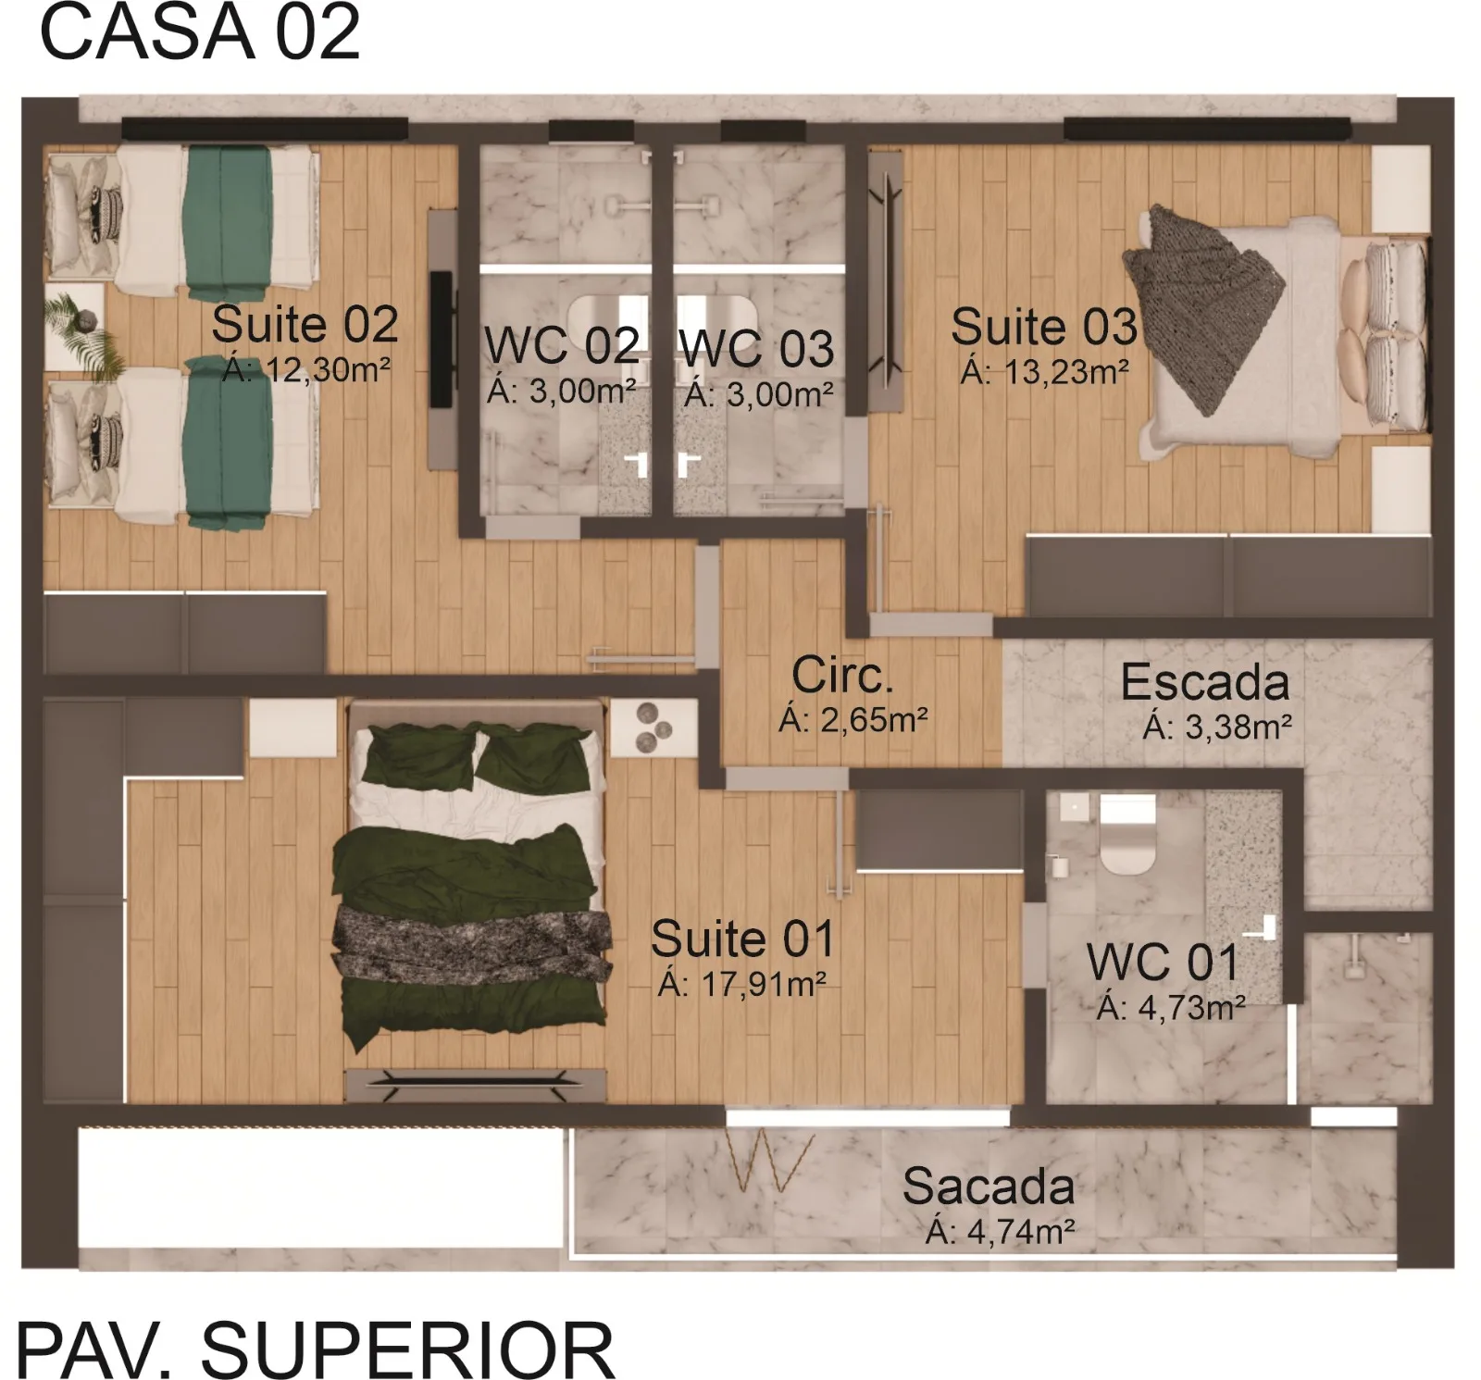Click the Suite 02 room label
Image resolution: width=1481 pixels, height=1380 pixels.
pyautogui.click(x=305, y=325)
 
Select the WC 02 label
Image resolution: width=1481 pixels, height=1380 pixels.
pyautogui.click(x=562, y=346)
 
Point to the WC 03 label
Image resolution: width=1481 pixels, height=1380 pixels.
pyautogui.click(x=756, y=350)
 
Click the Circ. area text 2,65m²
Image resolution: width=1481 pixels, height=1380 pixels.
pyautogui.click(x=853, y=719)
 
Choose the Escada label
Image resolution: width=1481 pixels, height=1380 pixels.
pyautogui.click(x=1204, y=683)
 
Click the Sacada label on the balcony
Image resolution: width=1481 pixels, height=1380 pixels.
pyautogui.click(x=988, y=1187)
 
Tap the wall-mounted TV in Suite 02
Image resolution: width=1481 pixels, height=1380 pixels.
pyautogui.click(x=442, y=339)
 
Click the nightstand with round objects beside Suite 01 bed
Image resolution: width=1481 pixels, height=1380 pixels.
pyautogui.click(x=652, y=726)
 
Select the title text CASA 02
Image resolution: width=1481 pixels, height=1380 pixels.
pyautogui.click(x=199, y=32)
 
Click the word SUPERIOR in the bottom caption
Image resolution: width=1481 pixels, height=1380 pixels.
pyautogui.click(x=407, y=1349)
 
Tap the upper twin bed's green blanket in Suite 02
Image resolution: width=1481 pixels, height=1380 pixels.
pyautogui.click(x=228, y=220)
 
